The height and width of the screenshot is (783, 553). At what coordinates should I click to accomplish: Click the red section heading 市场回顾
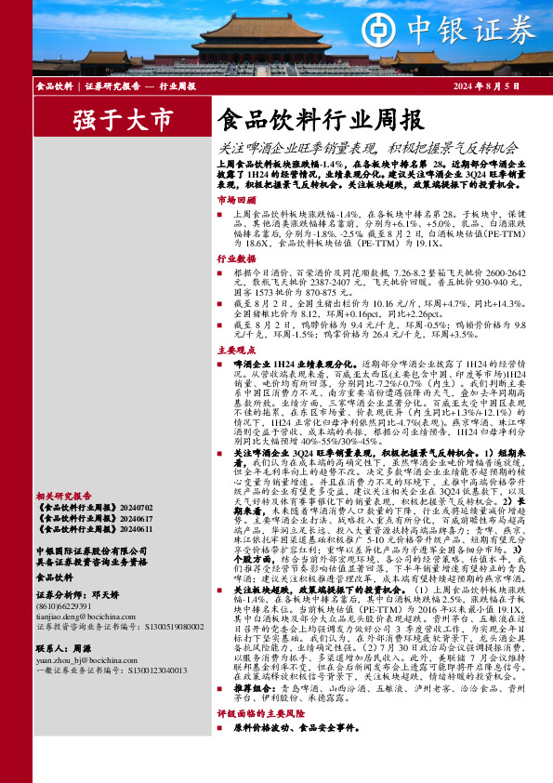click(235, 200)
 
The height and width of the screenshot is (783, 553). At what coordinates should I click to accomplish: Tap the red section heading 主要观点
click(235, 351)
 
